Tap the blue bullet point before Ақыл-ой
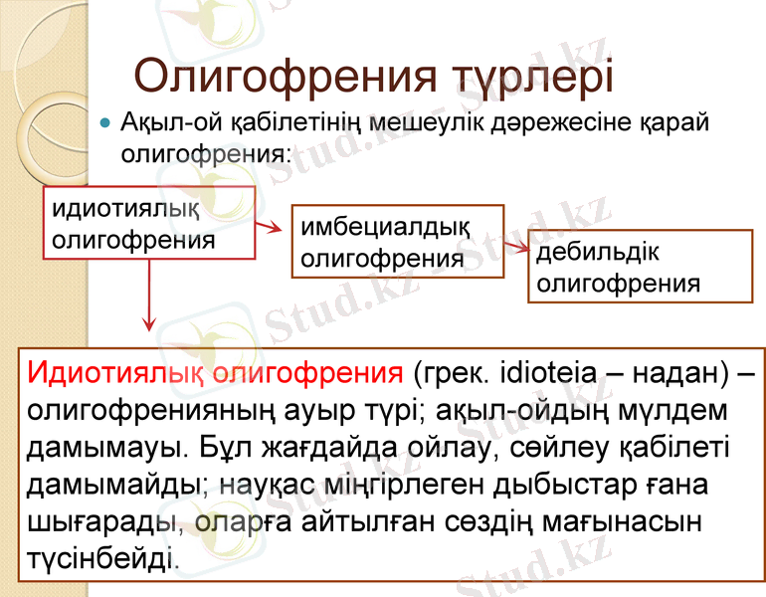[105, 123]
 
